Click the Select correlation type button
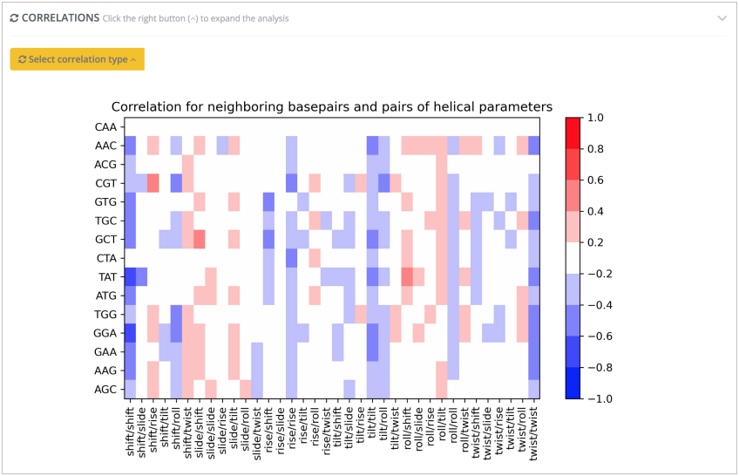coord(77,59)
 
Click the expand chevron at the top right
coord(722,18)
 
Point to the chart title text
coord(331,106)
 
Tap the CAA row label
coord(105,127)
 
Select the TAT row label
coord(105,276)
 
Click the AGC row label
coord(105,389)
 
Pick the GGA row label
coord(105,333)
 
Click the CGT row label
coord(105,183)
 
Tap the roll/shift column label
coord(408,432)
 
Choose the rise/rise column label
coord(292,434)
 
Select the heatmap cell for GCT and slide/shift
coord(200,239)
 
